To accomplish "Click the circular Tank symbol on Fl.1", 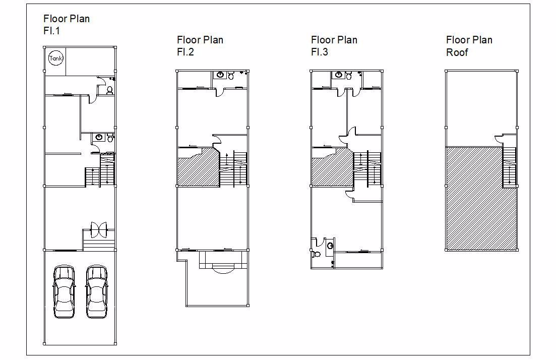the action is point(55,58).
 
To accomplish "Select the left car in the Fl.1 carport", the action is point(64,292).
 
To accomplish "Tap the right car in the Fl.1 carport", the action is point(96,292).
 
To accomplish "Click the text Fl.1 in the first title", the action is point(52,31).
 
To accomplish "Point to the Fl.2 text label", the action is point(186,52).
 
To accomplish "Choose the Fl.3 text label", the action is point(320,52).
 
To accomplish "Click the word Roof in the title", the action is point(457,52).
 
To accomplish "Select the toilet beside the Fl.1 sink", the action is point(110,138).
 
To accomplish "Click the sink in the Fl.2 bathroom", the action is point(221,75).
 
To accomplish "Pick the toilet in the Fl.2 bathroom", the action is point(231,75).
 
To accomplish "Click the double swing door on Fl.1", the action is point(99,230).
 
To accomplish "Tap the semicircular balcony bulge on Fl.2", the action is point(223,269).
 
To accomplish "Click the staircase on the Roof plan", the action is point(510,167).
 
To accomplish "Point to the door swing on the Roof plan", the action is point(499,139).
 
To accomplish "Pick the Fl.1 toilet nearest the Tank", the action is point(109,89).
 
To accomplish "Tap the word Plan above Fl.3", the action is point(346,40).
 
